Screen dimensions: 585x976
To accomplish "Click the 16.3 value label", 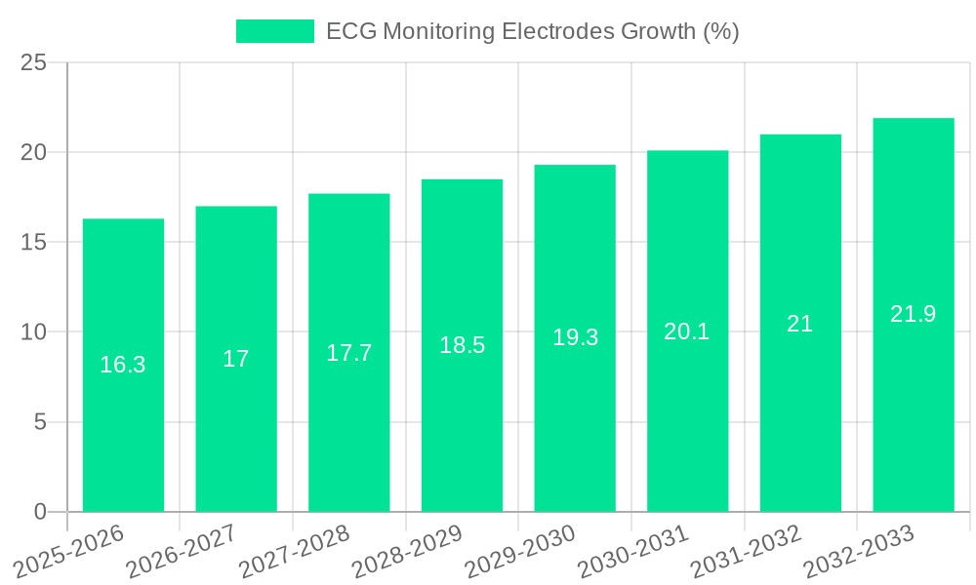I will (123, 365).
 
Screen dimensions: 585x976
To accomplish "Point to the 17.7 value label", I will (348, 353).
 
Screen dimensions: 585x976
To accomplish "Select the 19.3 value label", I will (575, 337).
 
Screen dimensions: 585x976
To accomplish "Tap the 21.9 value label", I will (913, 314).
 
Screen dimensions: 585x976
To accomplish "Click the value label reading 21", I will (800, 324).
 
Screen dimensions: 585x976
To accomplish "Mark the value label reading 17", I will (236, 359).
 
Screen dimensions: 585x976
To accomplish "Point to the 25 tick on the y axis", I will (33, 62).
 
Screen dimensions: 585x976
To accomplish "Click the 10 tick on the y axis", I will (33, 332).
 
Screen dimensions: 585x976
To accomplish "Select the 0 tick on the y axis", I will (40, 512).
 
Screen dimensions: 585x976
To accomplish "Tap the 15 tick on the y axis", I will (33, 243).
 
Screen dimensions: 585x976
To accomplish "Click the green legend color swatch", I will (274, 31).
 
